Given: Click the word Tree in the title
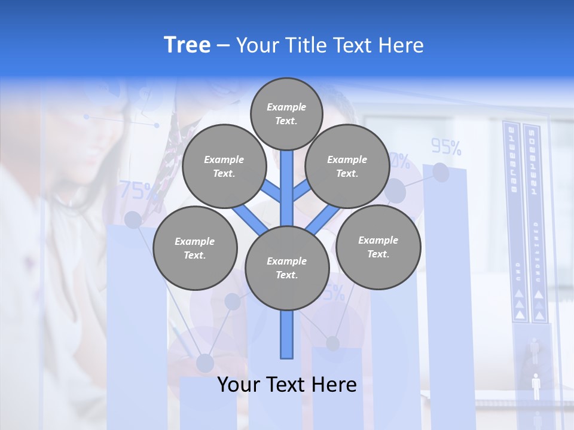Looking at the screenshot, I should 187,45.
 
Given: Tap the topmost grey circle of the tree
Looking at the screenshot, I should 287,114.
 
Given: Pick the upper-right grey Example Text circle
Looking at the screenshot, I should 347,167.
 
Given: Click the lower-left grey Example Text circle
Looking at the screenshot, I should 195,248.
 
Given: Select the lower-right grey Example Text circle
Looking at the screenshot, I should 378,247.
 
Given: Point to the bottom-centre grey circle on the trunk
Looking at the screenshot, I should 287,268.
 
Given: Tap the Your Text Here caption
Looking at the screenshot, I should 287,385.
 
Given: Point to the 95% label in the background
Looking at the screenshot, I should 446,146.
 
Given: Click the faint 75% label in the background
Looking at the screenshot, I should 138,191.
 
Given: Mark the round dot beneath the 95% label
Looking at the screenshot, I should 441,173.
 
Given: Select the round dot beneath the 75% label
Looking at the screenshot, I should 133,220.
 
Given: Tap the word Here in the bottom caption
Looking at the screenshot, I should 335,385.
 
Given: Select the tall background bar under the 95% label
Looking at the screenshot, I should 445,287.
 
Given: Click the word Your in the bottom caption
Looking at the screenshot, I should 239,385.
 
